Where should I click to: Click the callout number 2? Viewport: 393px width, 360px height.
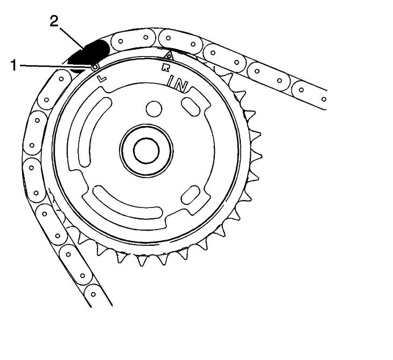tap(54, 21)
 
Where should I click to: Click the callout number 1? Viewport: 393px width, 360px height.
tap(14, 65)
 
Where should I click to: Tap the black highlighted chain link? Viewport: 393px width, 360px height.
tap(88, 53)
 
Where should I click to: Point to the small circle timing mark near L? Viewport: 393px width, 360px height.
tap(95, 67)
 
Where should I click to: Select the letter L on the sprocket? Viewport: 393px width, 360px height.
tap(102, 79)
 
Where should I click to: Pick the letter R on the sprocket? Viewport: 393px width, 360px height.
tap(165, 67)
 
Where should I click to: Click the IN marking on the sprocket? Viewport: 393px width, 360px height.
tap(178, 84)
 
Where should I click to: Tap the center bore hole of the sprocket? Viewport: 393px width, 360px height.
tap(146, 151)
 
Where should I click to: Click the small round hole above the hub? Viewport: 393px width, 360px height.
tap(154, 109)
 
